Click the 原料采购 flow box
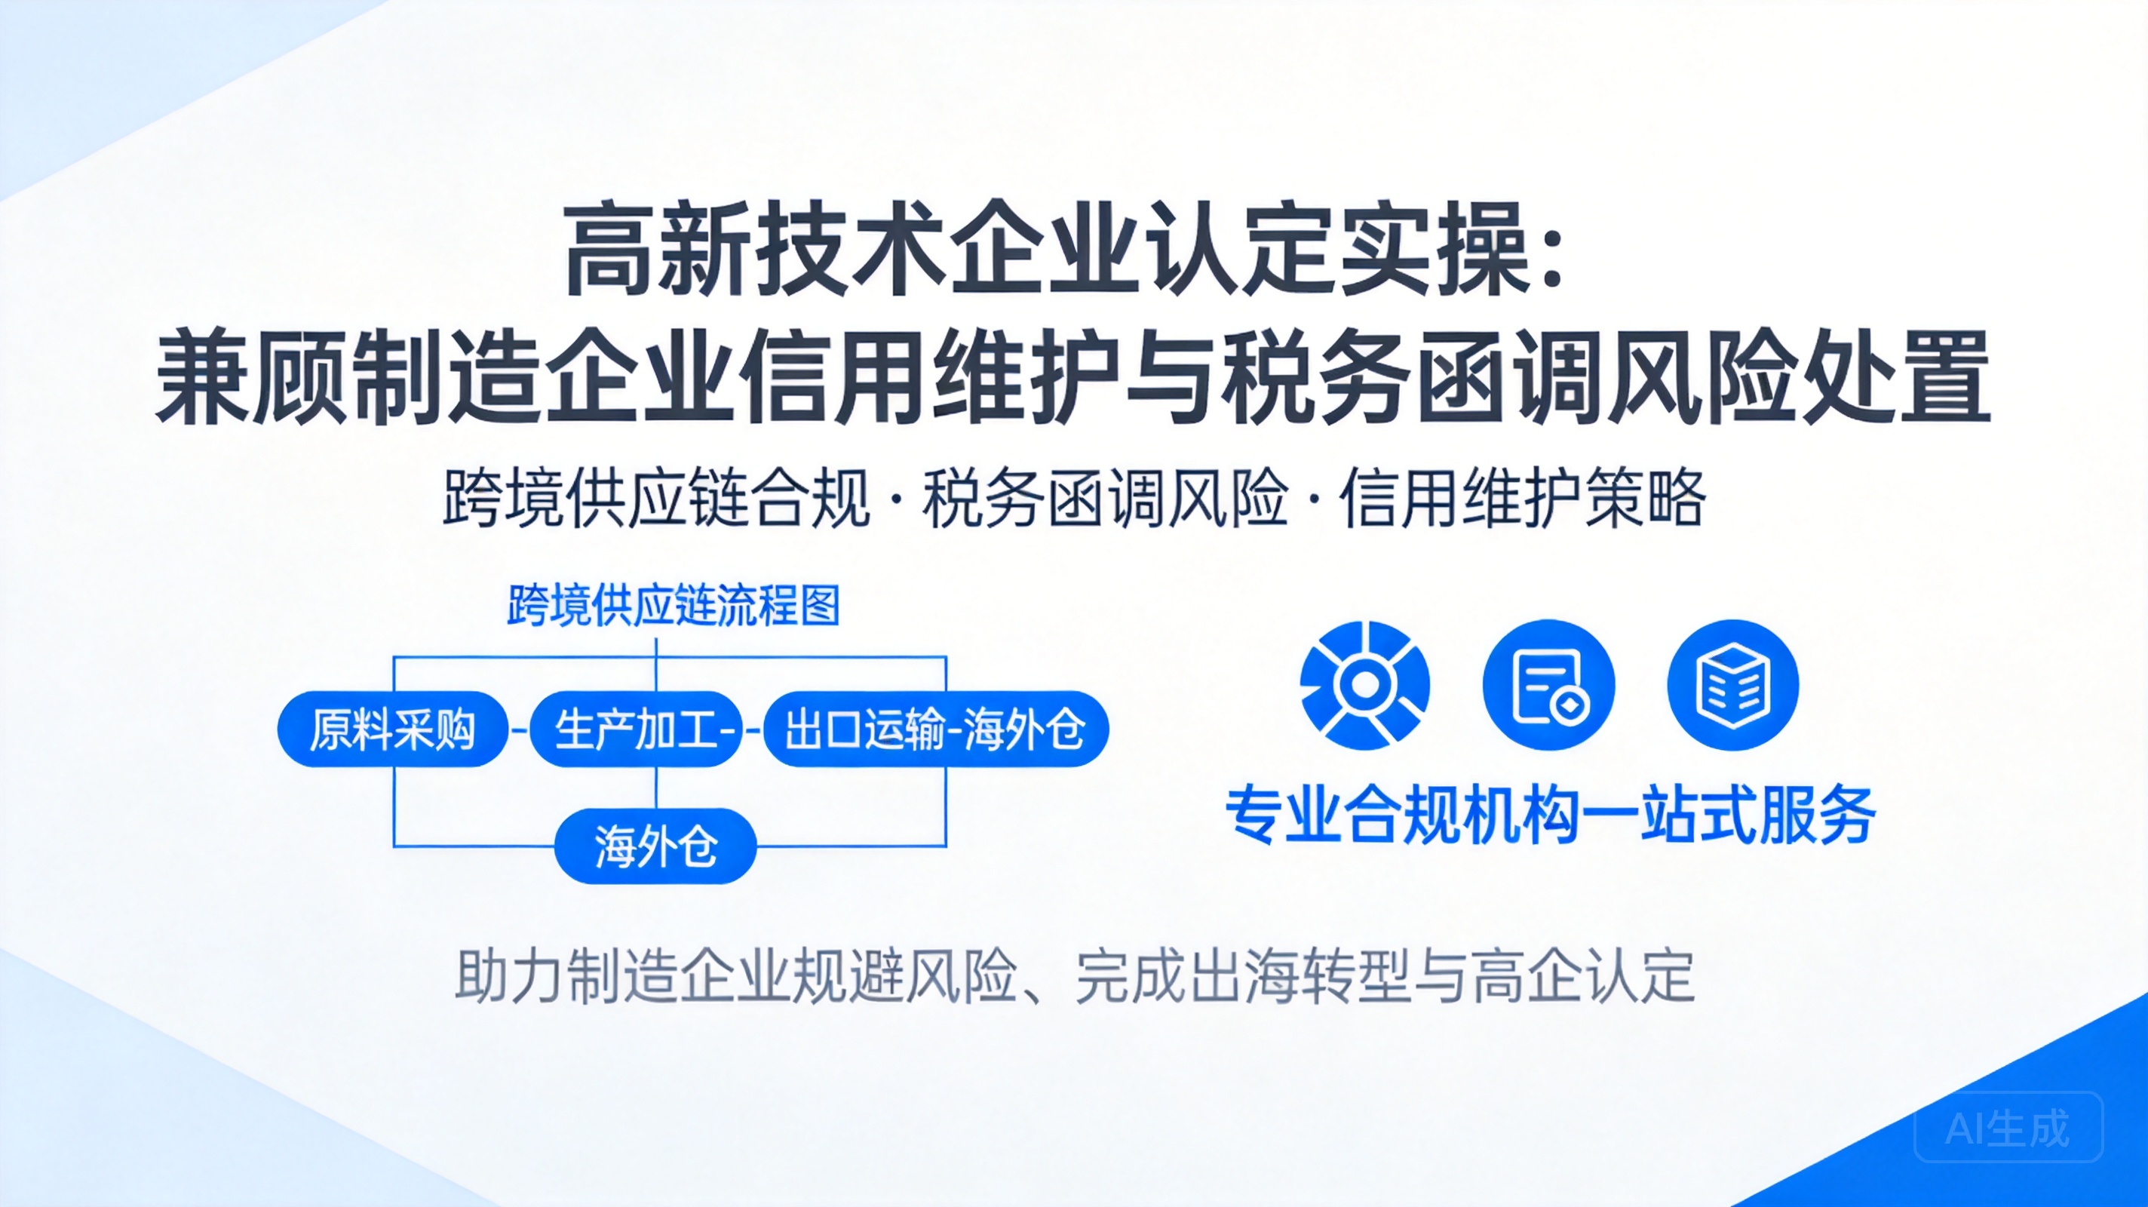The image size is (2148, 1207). click(x=393, y=729)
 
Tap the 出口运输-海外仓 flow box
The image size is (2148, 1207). click(x=935, y=729)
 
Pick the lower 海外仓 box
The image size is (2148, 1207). click(x=655, y=846)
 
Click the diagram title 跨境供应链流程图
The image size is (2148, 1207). click(x=673, y=607)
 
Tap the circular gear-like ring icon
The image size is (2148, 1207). click(x=1365, y=685)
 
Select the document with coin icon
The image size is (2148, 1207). click(x=1548, y=685)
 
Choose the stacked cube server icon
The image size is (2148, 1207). click(x=1732, y=685)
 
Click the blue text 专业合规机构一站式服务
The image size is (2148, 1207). click(x=1550, y=814)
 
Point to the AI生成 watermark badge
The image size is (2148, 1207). click(x=2008, y=1127)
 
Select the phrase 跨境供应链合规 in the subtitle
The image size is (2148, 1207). click(x=656, y=499)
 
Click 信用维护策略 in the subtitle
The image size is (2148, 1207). click(x=1523, y=499)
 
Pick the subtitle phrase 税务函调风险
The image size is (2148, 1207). click(x=1105, y=499)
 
